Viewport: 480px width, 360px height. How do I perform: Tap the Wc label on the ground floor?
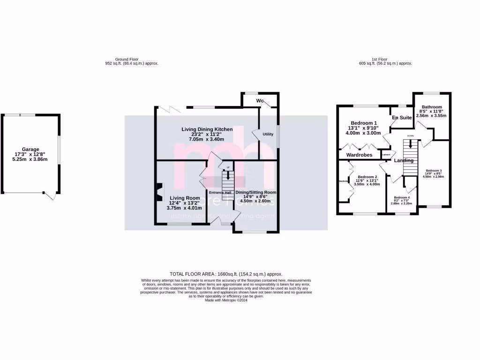click(x=260, y=101)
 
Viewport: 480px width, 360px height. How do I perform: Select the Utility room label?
click(x=268, y=134)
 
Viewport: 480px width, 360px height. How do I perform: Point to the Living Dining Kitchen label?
click(x=207, y=128)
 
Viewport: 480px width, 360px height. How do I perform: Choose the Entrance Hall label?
click(x=220, y=192)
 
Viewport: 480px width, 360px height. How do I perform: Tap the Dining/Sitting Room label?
click(x=255, y=192)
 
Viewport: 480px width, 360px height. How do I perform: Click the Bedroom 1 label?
click(x=364, y=123)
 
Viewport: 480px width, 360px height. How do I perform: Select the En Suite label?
click(x=402, y=118)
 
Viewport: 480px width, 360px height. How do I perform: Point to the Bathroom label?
click(x=431, y=107)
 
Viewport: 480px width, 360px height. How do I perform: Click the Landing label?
click(x=404, y=160)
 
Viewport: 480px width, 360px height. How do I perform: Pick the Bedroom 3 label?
click(x=434, y=170)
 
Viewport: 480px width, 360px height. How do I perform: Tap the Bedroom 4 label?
click(x=401, y=198)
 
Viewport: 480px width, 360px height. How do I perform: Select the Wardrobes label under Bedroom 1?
click(x=359, y=155)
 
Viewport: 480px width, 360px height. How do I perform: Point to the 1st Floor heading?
click(x=379, y=59)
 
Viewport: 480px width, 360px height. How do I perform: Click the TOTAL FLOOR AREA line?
click(x=226, y=274)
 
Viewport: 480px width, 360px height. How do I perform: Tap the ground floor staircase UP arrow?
click(x=228, y=175)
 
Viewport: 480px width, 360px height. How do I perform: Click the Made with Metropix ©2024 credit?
click(x=226, y=300)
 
